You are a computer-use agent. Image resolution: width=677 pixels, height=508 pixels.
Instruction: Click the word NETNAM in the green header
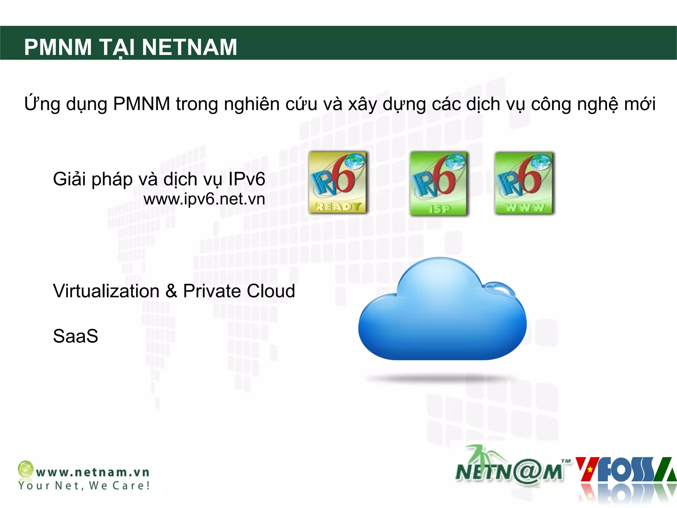pos(189,47)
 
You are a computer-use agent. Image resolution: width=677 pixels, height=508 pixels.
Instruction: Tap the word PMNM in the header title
pos(58,47)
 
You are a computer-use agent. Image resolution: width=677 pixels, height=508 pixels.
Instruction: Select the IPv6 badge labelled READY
pos(338,182)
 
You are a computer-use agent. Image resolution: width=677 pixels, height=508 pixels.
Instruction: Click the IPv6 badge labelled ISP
pos(439,184)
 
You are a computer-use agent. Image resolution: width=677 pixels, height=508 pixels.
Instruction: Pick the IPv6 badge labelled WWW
pos(524,184)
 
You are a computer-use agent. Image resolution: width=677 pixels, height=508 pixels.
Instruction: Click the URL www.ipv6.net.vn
pos(204,199)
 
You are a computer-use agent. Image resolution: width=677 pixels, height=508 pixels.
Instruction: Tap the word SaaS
pos(75,336)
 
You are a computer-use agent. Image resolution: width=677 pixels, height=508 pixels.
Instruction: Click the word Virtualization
pos(106,291)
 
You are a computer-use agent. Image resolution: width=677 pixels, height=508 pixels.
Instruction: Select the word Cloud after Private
pos(271,291)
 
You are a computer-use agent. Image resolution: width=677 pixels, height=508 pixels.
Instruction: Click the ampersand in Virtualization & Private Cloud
pos(171,291)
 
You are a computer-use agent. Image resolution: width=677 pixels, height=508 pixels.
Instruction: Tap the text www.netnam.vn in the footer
pos(93,472)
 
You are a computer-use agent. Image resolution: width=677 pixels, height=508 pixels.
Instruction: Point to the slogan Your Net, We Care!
pos(84,486)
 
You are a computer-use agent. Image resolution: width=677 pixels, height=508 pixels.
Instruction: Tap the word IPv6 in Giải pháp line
pos(247,179)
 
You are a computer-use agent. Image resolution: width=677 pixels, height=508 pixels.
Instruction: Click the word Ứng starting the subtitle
pos(42,104)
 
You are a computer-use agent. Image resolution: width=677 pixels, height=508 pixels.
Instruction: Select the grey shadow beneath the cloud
pos(441,378)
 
